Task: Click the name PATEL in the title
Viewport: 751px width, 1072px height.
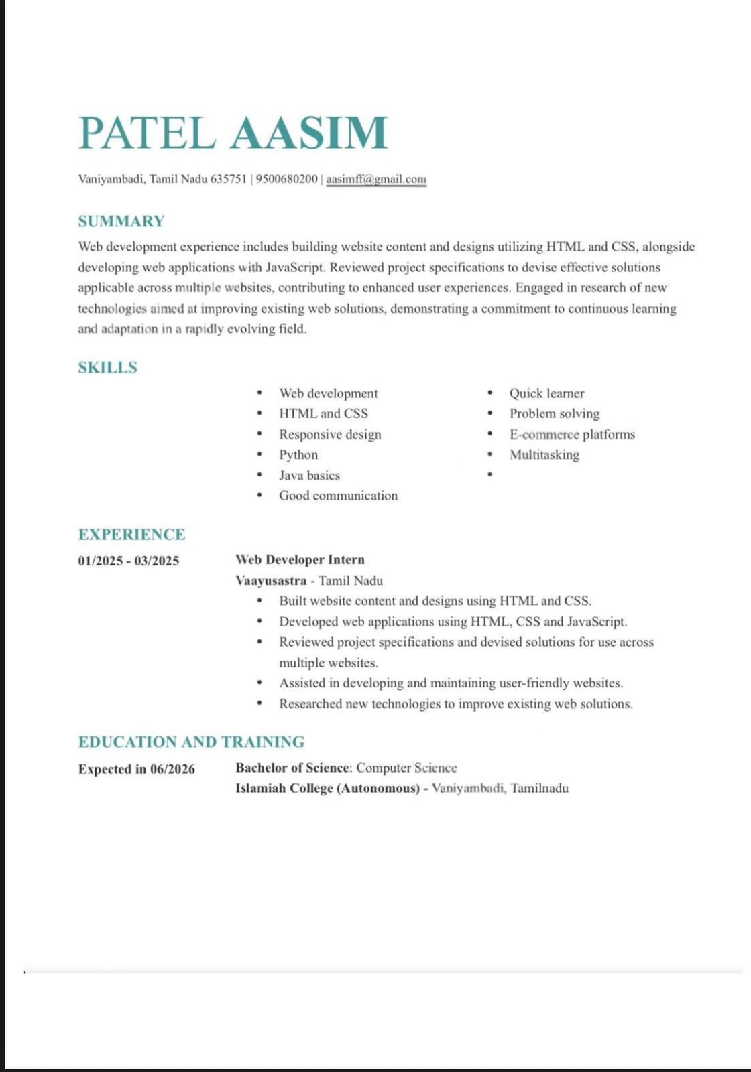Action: pos(147,133)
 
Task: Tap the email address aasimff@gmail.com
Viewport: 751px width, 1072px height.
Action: pos(376,179)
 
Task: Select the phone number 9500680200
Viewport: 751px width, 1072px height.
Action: pos(287,179)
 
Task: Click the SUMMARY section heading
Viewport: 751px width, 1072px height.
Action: pos(121,221)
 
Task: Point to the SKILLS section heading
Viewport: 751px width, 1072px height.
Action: pos(107,367)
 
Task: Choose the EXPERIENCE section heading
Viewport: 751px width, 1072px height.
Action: pos(131,534)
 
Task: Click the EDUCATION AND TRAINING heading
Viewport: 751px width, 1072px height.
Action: pos(191,742)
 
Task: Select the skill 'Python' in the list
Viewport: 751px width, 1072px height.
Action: pos(298,454)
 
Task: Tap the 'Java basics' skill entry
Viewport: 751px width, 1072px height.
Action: pos(309,475)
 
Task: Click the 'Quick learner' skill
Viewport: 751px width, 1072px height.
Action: pos(546,393)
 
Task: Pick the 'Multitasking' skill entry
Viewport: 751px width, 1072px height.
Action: pos(544,454)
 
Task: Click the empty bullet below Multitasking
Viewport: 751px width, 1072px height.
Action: pos(490,474)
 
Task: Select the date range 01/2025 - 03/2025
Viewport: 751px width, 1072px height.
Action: pos(129,561)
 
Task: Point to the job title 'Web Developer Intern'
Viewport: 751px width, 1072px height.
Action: pos(300,559)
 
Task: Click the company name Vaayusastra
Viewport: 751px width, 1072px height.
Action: pos(271,580)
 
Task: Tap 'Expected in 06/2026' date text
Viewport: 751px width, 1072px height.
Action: pos(137,768)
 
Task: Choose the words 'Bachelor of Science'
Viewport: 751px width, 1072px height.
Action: pos(292,768)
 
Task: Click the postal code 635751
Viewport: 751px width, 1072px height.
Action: pos(229,179)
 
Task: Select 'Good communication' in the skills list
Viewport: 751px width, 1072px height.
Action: pos(338,496)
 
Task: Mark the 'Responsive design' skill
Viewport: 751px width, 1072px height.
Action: pos(330,434)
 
